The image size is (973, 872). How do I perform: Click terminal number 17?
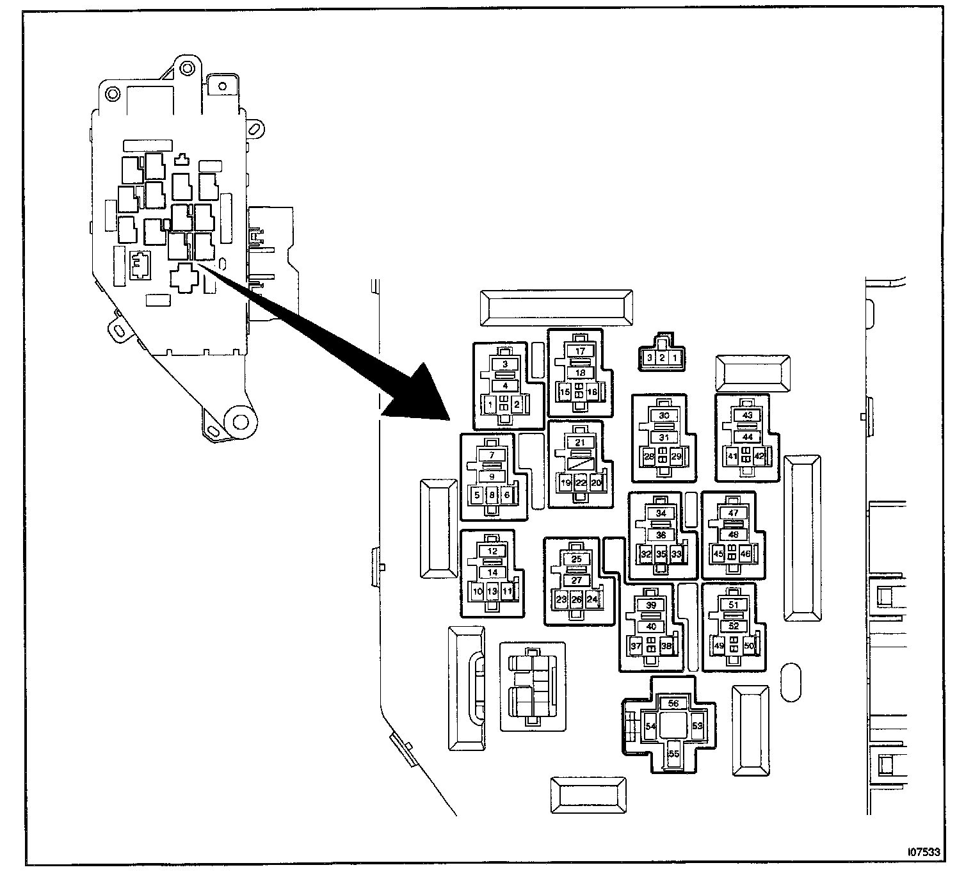(580, 351)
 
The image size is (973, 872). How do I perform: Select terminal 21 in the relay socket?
(580, 442)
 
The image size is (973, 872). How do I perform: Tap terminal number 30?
(664, 416)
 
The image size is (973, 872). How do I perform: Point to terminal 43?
(746, 415)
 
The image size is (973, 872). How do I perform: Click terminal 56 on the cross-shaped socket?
(673, 703)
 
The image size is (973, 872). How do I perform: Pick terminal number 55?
(673, 754)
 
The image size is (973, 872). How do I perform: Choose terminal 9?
(492, 476)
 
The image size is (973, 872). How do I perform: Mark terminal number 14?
(492, 572)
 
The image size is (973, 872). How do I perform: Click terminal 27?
(576, 580)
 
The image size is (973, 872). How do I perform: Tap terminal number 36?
(661, 535)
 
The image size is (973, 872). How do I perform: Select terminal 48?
(734, 535)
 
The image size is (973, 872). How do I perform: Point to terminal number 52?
(734, 626)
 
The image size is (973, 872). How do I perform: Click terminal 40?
(651, 627)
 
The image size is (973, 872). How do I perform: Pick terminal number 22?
(581, 483)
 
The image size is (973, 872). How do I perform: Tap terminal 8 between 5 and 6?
(492, 494)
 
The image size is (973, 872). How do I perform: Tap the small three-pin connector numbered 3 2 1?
(662, 357)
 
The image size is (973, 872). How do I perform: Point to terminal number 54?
(650, 726)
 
